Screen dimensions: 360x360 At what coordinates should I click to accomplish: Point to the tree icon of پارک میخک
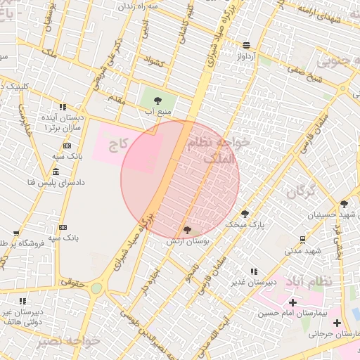tap(245, 213)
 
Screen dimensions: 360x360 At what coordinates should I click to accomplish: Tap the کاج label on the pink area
tap(126, 143)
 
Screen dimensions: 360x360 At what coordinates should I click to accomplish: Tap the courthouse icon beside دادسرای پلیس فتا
tap(56, 172)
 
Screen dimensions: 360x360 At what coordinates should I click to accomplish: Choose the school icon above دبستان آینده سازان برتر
tap(63, 108)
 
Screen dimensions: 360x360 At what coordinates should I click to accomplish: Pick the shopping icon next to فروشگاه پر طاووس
tap(16, 234)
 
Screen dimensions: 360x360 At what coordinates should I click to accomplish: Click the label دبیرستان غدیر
tap(254, 282)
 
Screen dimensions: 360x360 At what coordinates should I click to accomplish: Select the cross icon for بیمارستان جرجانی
tap(337, 323)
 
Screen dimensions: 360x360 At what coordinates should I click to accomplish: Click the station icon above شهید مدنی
tap(302, 239)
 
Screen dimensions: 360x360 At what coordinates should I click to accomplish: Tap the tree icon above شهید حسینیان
tap(343, 203)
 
